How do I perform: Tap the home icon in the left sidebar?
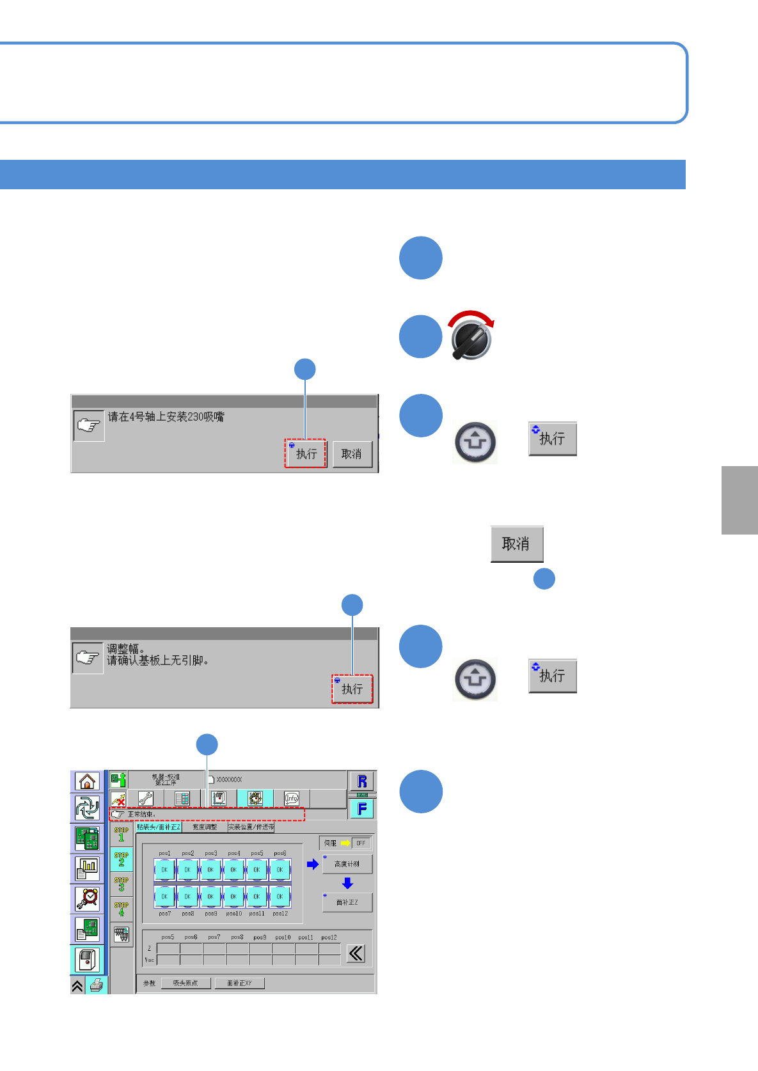click(87, 781)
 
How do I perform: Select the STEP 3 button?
click(121, 884)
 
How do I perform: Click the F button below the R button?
click(362, 809)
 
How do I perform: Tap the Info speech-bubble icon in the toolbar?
click(292, 799)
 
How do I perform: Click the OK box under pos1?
click(164, 870)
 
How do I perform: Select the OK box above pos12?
click(280, 896)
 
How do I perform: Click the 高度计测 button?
click(347, 864)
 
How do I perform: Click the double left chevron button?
click(356, 954)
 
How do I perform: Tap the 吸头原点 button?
click(186, 983)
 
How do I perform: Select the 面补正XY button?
click(239, 983)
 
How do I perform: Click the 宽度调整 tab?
click(205, 827)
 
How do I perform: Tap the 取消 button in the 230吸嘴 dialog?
click(352, 454)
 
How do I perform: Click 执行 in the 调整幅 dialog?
click(352, 689)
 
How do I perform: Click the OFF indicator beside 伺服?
click(361, 843)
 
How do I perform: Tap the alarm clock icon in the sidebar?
click(87, 898)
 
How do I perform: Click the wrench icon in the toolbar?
click(146, 799)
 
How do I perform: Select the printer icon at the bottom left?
click(97, 985)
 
